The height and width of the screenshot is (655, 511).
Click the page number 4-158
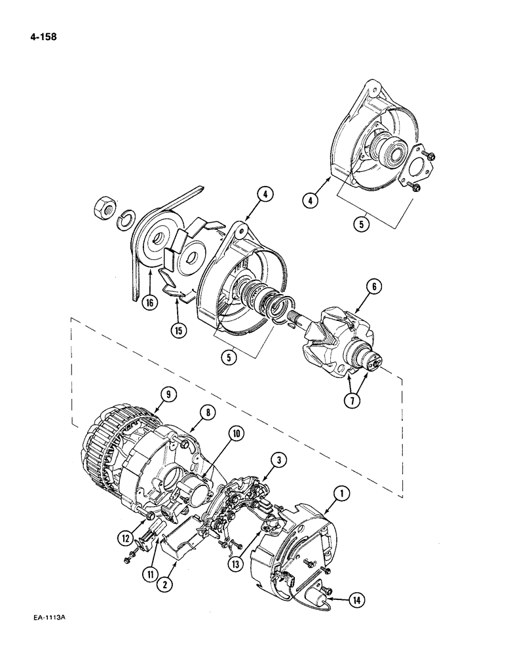[39, 37]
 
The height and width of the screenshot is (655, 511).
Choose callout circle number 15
[178, 330]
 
